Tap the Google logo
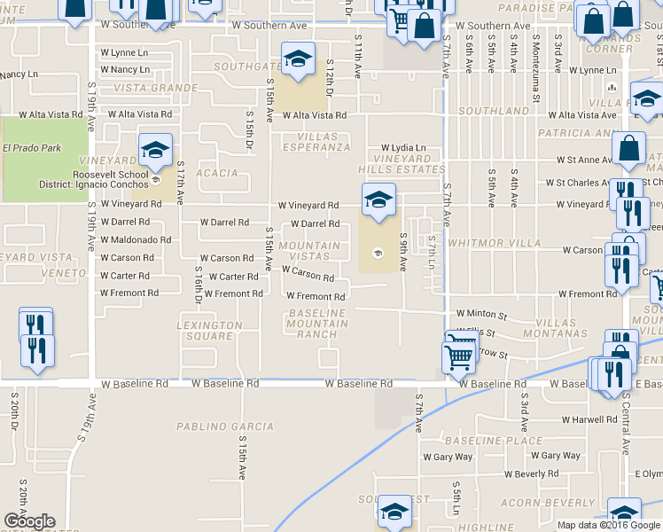click(x=29, y=521)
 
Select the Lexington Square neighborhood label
click(x=210, y=331)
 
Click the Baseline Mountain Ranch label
click(x=316, y=324)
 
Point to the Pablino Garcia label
click(x=217, y=426)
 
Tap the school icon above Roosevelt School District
click(x=155, y=150)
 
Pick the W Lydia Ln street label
click(x=403, y=148)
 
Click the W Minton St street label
click(x=481, y=314)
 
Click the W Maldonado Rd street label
click(x=136, y=240)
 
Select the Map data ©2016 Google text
click(x=608, y=525)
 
